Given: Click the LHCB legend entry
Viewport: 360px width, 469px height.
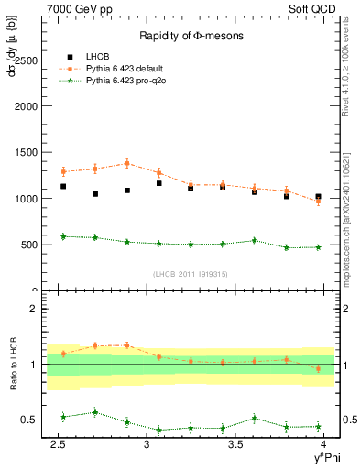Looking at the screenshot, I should point(95,55).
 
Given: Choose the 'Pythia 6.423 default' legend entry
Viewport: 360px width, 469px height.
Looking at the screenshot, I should point(125,67).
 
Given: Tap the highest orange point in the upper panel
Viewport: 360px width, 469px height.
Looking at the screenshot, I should point(126,163).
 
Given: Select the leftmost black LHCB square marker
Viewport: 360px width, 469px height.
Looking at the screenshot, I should point(63,186).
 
